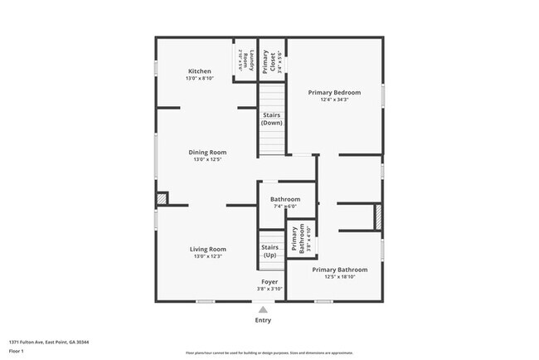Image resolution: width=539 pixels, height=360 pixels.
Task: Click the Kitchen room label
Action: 200,72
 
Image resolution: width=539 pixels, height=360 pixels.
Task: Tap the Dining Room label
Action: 207,153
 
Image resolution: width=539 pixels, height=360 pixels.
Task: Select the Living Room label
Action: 208,249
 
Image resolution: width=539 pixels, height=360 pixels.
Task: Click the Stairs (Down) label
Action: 271,119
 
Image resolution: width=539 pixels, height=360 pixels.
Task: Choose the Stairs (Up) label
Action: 269,251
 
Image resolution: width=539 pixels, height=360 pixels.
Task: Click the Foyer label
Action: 269,282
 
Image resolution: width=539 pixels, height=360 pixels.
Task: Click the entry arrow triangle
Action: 263,309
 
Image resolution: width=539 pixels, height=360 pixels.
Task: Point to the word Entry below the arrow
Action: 263,320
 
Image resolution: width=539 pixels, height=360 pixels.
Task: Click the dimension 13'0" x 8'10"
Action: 200,79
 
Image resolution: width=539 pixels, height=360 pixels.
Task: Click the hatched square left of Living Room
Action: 162,198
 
